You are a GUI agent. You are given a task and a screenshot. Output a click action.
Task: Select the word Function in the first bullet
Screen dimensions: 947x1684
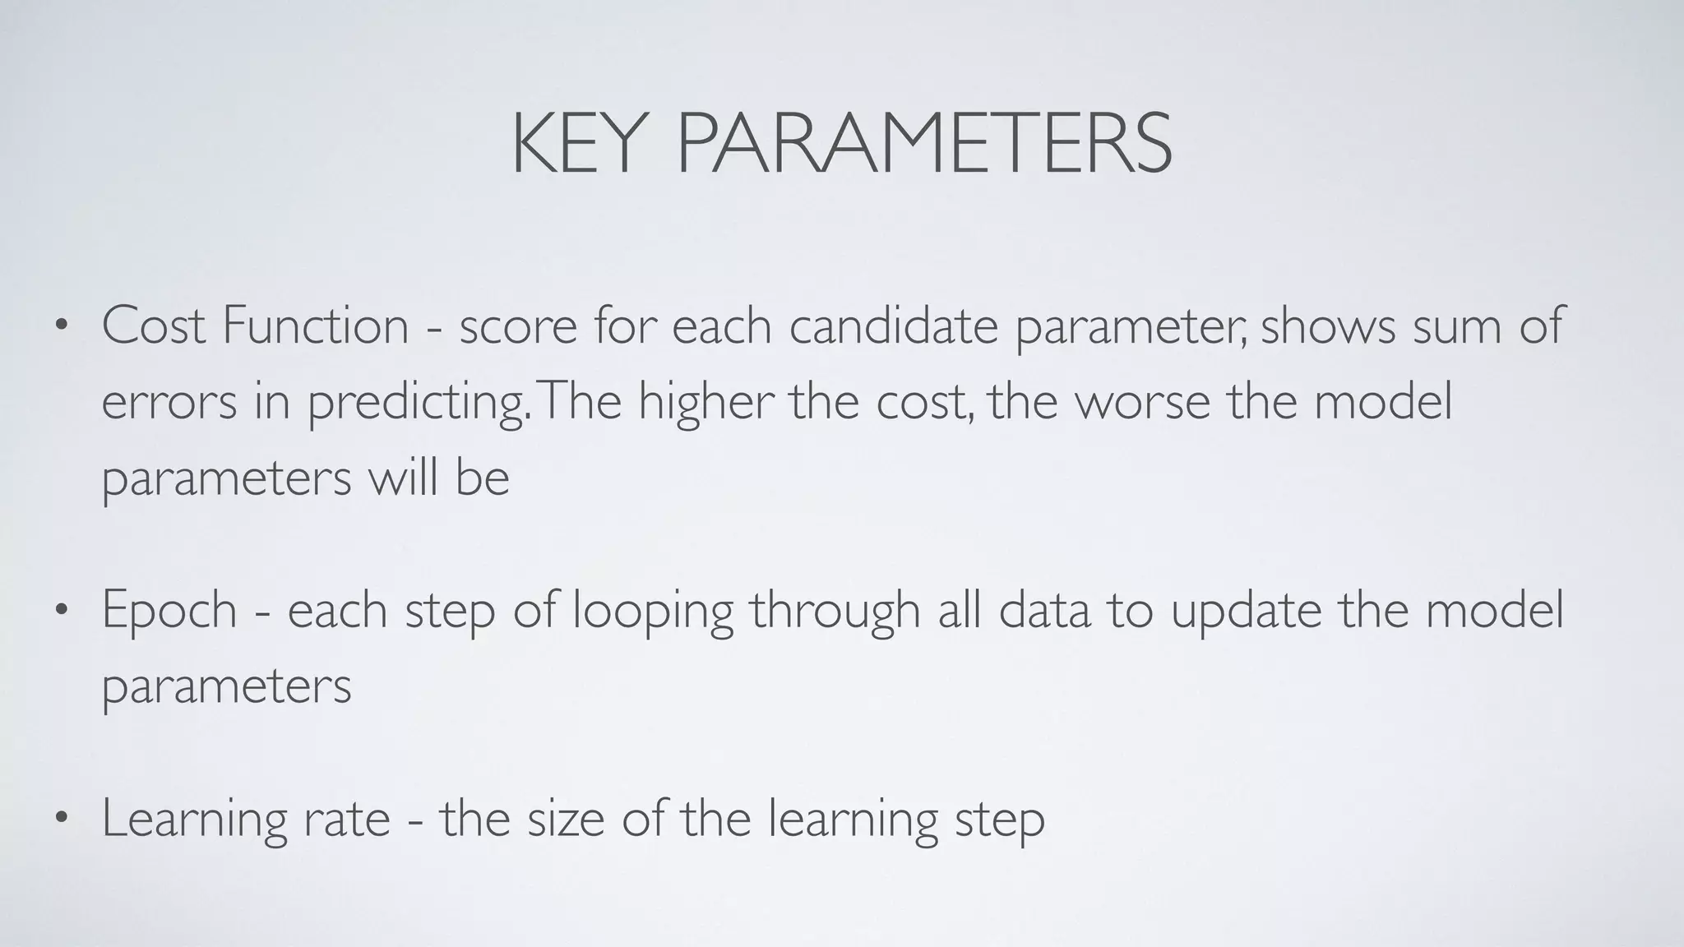315,326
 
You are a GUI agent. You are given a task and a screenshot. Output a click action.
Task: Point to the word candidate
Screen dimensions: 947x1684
894,326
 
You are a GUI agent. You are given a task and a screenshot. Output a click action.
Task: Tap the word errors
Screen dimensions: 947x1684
169,403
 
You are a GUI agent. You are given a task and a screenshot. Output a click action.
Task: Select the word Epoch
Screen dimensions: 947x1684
169,612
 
